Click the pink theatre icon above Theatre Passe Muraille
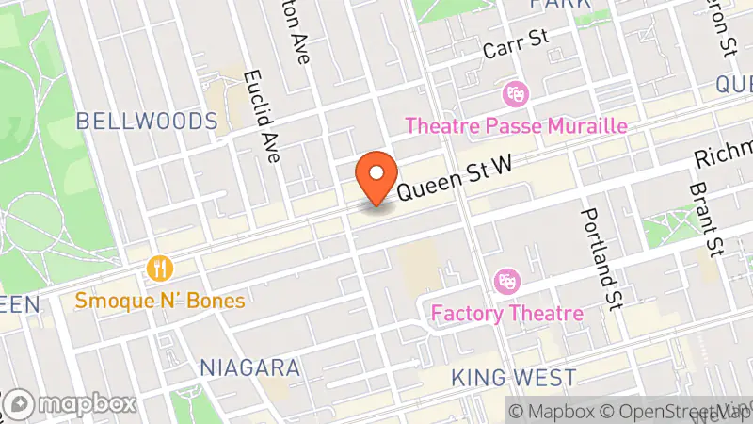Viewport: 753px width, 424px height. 515,94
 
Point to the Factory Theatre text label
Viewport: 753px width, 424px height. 507,313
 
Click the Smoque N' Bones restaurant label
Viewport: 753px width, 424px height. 162,302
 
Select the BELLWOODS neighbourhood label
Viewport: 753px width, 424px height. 147,122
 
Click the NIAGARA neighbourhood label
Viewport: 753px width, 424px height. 250,367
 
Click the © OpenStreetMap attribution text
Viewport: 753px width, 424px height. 675,411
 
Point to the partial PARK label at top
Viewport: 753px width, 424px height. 559,4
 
